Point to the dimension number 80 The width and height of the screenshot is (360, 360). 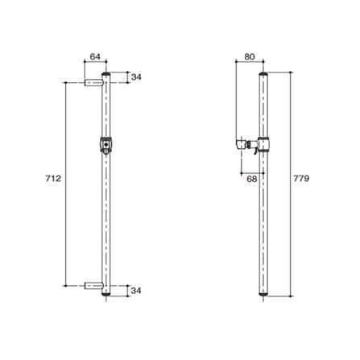pos(247,57)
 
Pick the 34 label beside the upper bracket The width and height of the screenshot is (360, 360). pos(136,78)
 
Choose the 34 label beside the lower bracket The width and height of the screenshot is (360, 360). pos(136,290)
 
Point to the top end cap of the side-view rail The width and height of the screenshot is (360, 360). pos(264,72)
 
